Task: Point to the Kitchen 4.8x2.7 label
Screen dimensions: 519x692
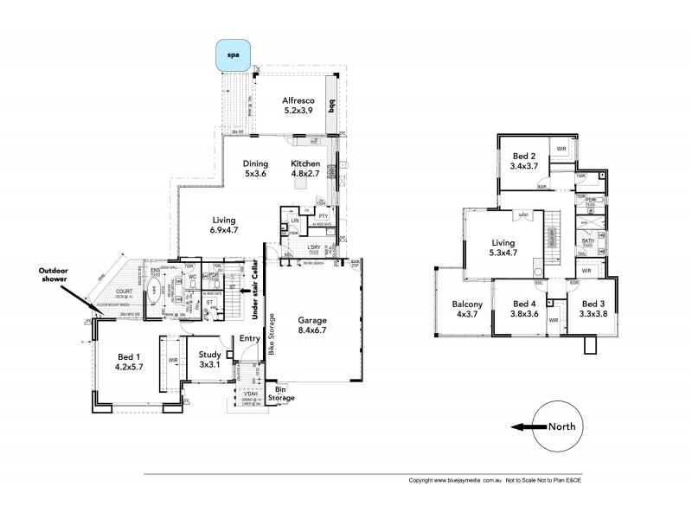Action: tap(306, 169)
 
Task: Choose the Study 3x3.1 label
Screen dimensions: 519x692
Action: tap(210, 359)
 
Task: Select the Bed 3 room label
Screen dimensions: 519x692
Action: tap(594, 309)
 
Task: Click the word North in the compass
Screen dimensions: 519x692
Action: tap(561, 426)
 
